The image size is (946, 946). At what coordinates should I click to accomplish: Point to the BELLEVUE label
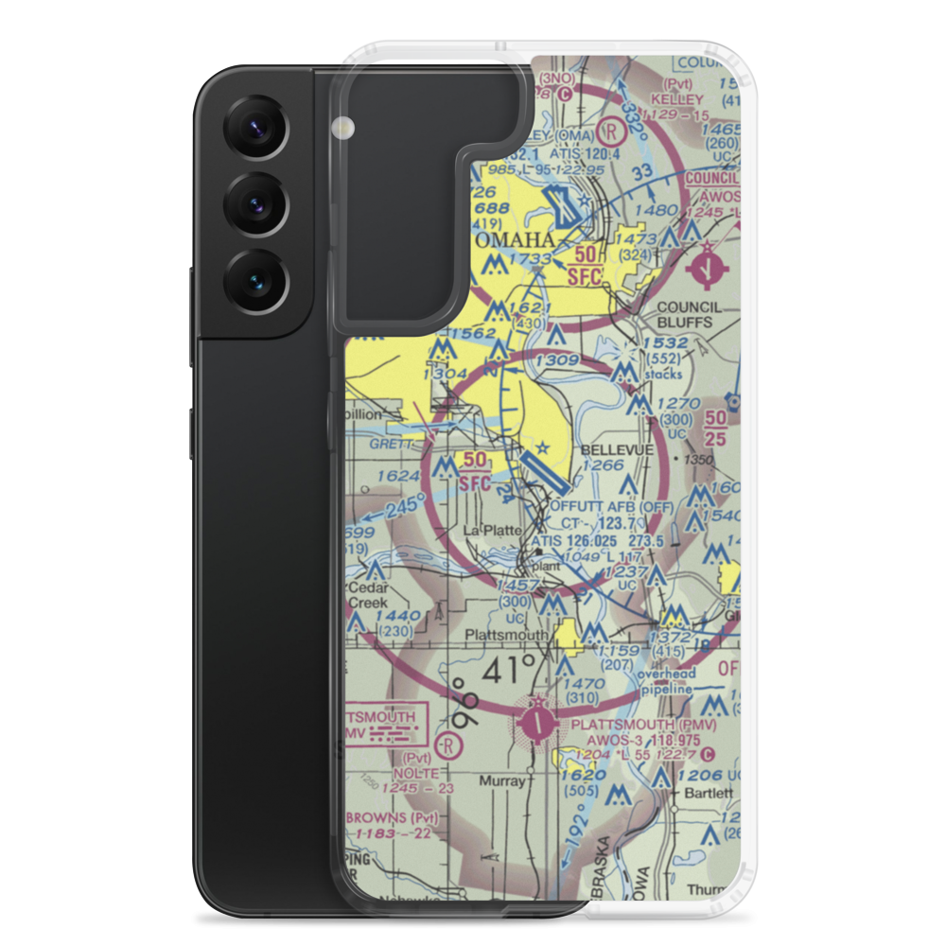coord(617,449)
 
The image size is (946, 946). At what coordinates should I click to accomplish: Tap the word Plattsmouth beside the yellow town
coord(506,635)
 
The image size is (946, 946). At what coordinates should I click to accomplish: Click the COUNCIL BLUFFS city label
coord(688,314)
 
